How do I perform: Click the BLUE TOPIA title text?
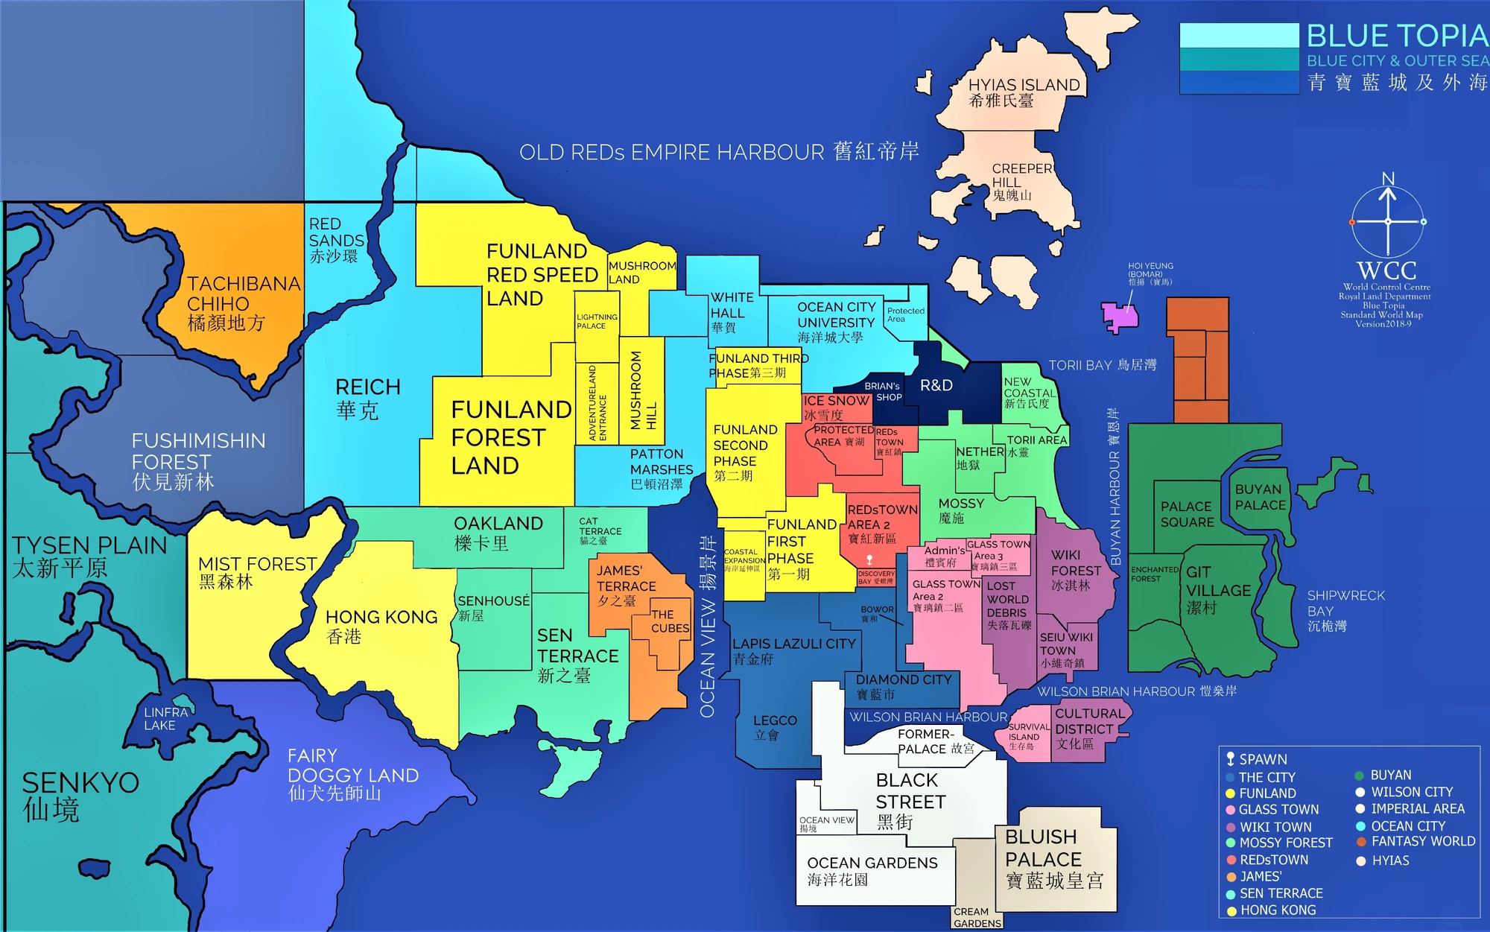coord(1397,36)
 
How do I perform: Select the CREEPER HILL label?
coord(1021,176)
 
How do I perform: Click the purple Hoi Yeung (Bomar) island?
coord(1120,317)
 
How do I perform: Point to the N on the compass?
coord(1388,179)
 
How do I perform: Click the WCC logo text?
coord(1386,270)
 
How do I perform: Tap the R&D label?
coord(936,385)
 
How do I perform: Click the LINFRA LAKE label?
coord(165,718)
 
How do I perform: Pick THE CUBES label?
coord(670,621)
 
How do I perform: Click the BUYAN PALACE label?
coord(1260,497)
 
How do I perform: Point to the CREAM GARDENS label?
coord(977,917)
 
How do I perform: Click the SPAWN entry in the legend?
coord(1262,759)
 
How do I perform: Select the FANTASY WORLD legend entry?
coord(1422,841)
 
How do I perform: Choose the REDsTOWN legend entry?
coord(1273,860)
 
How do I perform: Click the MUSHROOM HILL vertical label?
coord(643,391)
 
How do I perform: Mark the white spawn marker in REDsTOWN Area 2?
coord(869,559)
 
